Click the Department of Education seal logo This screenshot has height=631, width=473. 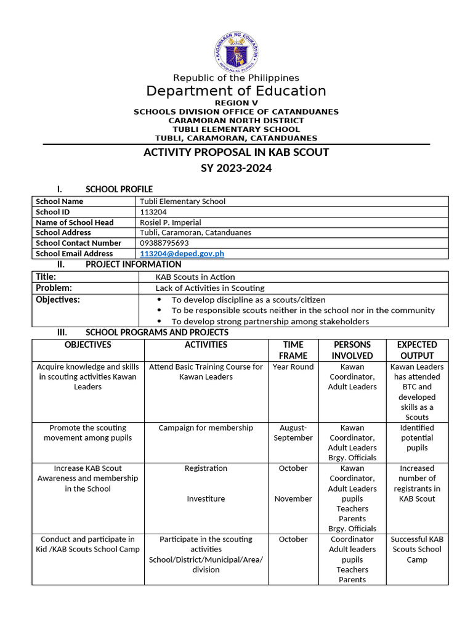[236, 52]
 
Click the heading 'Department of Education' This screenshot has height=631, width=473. [236, 91]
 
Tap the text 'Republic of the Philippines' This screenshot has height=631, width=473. [236, 78]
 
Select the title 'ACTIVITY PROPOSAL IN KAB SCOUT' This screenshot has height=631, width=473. [236, 152]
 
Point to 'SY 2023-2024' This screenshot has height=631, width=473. [236, 168]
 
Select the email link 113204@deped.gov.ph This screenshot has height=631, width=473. [182, 253]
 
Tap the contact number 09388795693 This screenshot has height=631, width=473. [164, 243]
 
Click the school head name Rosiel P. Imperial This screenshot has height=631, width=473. [171, 222]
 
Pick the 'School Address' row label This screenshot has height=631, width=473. [63, 232]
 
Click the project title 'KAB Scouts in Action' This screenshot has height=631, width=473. [195, 277]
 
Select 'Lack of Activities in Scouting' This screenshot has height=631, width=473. [210, 288]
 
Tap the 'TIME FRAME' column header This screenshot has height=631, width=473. [293, 350]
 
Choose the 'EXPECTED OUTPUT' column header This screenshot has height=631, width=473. [417, 350]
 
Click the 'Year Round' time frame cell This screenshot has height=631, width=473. [293, 367]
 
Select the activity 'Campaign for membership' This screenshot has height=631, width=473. [206, 428]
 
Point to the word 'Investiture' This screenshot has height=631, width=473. [206, 499]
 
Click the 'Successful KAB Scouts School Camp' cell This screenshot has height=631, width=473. [417, 549]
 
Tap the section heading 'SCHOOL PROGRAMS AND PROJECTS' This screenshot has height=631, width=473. [156, 332]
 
